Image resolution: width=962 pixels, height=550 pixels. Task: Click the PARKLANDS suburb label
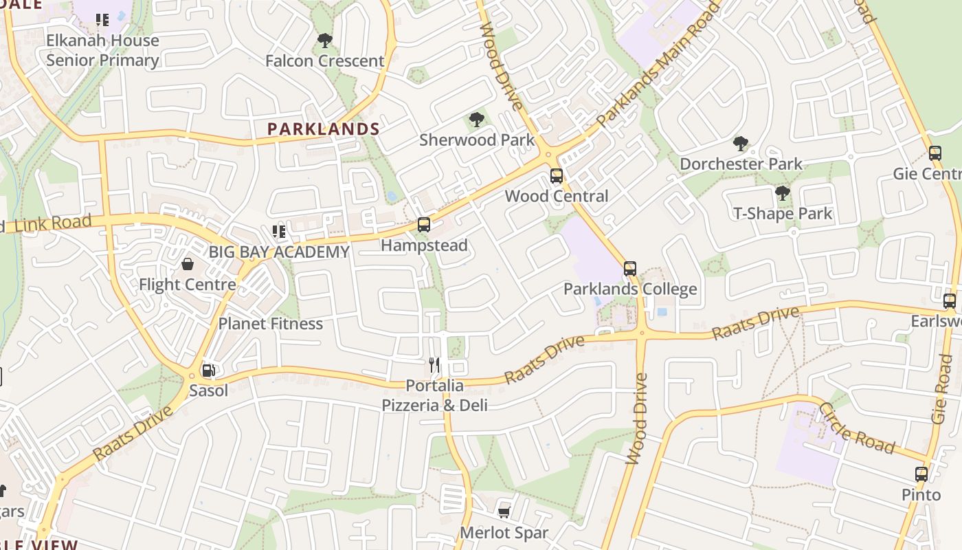tap(323, 129)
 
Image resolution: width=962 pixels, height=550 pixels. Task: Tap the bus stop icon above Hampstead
tap(424, 225)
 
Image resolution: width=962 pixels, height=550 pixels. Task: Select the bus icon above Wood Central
tap(557, 176)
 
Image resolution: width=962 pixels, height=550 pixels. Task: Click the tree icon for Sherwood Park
tap(476, 120)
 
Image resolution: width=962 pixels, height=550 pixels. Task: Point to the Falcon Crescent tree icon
tap(325, 41)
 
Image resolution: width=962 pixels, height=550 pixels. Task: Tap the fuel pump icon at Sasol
tap(208, 371)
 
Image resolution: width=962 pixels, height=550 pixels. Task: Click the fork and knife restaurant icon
tap(434, 364)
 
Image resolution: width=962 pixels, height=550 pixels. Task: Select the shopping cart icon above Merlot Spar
tap(504, 512)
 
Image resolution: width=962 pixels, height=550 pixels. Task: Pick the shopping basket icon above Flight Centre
tap(187, 264)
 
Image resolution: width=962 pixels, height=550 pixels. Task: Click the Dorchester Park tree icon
tap(740, 144)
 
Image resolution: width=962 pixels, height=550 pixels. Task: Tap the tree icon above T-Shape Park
tap(782, 193)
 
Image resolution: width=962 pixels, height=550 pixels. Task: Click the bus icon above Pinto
tap(921, 474)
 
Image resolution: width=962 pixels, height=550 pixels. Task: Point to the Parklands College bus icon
tap(630, 269)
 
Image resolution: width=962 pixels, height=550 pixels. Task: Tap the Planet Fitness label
tap(270, 323)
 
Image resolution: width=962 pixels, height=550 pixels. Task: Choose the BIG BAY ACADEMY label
tap(279, 252)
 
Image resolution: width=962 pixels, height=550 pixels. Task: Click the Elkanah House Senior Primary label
tap(102, 50)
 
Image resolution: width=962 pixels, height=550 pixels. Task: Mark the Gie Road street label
tap(942, 389)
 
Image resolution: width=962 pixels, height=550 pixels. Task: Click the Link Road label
tap(52, 223)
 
